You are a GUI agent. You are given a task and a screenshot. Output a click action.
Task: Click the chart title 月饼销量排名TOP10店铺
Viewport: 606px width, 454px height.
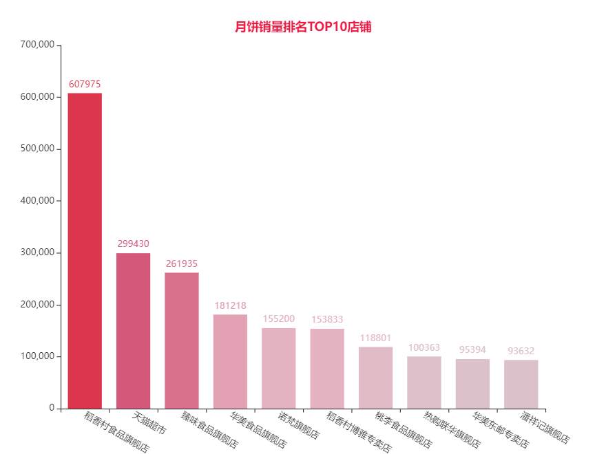303,28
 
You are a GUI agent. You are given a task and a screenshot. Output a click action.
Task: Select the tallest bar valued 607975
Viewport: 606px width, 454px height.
85,250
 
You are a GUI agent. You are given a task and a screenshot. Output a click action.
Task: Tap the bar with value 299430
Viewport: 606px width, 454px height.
133,331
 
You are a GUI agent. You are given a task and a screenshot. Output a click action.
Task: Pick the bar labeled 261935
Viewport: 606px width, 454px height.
182,340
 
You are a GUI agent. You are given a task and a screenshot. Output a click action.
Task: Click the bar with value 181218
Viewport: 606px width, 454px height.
230,361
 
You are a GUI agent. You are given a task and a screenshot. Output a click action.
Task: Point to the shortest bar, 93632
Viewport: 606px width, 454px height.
521,384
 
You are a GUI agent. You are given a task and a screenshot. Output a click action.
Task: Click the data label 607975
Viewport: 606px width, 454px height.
85,85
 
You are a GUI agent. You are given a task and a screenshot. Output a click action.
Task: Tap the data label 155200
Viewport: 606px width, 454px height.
279,319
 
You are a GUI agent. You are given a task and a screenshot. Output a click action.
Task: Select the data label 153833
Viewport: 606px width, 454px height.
327,320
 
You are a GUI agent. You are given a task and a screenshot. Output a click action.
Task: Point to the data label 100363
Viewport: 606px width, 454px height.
424,348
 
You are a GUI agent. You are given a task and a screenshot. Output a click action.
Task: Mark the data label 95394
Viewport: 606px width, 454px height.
472,350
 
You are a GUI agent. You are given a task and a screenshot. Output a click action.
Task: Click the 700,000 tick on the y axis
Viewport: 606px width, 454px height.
37,45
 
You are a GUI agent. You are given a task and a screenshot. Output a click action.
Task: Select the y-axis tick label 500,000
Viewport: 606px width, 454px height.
37,149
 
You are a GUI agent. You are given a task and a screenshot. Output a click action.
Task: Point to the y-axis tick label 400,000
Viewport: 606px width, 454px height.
37,201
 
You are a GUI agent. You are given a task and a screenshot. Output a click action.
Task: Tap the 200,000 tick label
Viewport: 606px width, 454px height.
37,305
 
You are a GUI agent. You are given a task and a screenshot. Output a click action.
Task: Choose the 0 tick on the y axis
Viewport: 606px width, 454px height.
52,409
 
